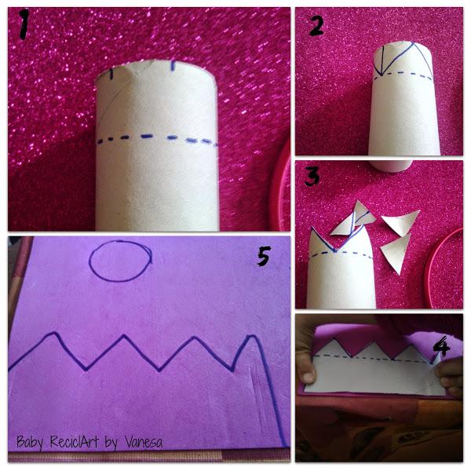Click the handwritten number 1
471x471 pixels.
24,24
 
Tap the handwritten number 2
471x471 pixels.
316,26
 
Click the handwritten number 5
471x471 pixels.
264,256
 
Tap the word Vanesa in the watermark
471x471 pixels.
144,442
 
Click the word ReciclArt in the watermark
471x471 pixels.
75,441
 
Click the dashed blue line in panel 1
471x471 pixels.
158,140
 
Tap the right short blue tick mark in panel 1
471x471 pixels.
173,66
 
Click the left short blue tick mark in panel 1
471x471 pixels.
111,74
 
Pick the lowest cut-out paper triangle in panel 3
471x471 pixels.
396,252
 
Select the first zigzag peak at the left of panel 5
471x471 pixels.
53,333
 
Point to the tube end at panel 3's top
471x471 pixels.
390,166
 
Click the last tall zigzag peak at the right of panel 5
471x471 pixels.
252,337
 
